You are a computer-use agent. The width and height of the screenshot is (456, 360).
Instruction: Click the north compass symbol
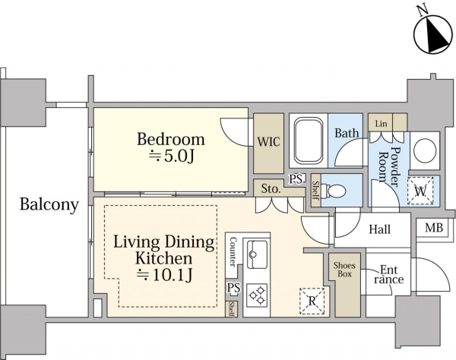(x=433, y=34)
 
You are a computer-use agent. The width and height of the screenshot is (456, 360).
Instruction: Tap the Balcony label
(x=49, y=204)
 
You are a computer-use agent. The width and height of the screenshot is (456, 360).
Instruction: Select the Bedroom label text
(x=171, y=139)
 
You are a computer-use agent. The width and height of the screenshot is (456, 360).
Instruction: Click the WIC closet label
(x=269, y=142)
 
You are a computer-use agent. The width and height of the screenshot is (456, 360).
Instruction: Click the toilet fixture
(x=337, y=191)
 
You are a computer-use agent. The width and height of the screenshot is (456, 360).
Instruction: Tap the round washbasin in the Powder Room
(x=425, y=150)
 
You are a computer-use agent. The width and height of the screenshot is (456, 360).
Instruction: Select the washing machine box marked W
(x=420, y=191)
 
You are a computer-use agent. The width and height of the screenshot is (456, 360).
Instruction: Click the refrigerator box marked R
(x=312, y=301)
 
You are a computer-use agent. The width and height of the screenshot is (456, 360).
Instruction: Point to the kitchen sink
(x=257, y=254)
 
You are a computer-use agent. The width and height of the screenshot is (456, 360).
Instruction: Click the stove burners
(x=257, y=295)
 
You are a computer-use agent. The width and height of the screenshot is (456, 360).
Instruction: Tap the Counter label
(x=233, y=251)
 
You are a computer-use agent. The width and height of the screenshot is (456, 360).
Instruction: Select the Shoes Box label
(x=344, y=270)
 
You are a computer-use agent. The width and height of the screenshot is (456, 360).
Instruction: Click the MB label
(x=434, y=228)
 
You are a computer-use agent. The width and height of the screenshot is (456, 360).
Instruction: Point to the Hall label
(x=379, y=229)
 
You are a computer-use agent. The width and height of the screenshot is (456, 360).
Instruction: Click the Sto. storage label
(x=271, y=189)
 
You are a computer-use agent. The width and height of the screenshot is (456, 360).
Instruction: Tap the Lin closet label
(x=381, y=124)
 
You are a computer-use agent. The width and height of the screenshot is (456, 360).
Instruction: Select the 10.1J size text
(x=164, y=275)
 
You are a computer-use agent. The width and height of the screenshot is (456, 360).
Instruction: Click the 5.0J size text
(x=171, y=156)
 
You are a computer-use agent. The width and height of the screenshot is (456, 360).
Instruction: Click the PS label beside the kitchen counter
(x=233, y=288)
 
